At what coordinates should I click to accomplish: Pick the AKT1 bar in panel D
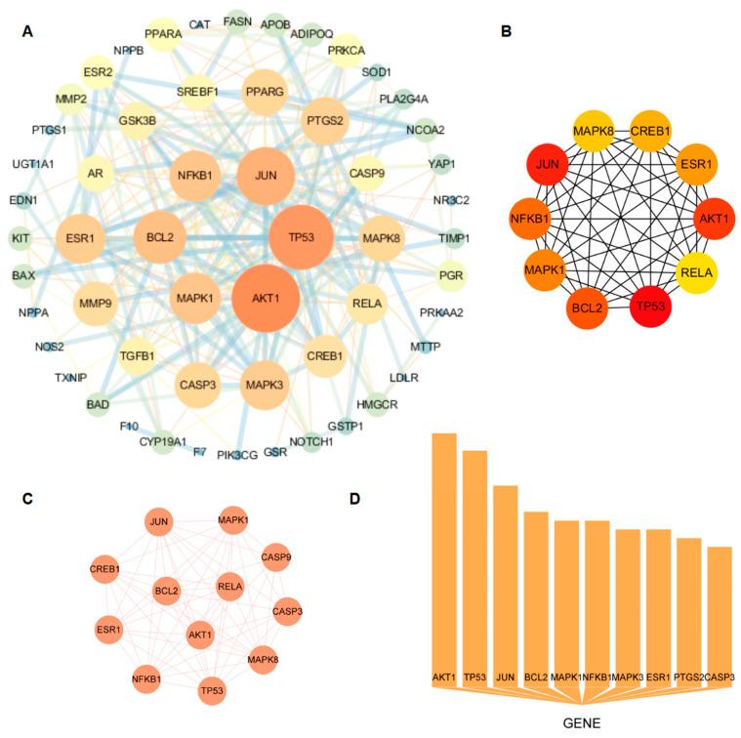coord(444,556)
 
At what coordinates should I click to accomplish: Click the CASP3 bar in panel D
coord(720,615)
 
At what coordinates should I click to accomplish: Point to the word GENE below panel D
coord(583,723)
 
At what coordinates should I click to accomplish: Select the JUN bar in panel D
coord(505,581)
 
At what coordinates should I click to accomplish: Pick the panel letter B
coord(506,32)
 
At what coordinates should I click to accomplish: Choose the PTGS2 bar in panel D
coord(689,610)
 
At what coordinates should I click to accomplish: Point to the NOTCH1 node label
coord(311,442)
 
